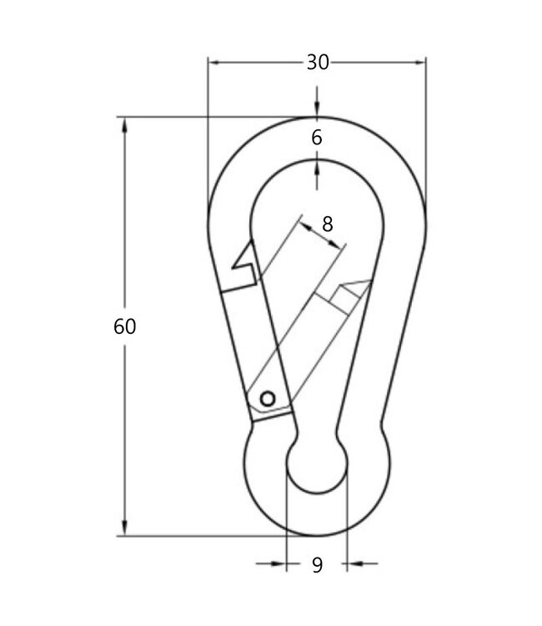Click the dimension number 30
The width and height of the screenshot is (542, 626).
click(x=317, y=62)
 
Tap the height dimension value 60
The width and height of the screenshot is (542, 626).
click(x=124, y=326)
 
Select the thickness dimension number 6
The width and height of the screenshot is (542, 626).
click(x=317, y=139)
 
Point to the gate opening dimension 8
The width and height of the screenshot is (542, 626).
click(x=327, y=223)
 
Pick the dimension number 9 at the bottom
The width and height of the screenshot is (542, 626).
click(x=317, y=565)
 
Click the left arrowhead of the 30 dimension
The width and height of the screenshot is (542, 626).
click(x=213, y=62)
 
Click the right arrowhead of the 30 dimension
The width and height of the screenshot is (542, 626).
click(x=419, y=62)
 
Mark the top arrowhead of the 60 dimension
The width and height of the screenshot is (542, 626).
click(x=125, y=124)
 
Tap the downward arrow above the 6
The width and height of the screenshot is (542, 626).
click(x=317, y=110)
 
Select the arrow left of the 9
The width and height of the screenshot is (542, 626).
click(x=279, y=564)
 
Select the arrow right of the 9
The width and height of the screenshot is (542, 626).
click(x=354, y=564)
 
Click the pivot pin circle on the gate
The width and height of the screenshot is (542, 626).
click(x=268, y=399)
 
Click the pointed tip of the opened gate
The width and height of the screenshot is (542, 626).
click(x=367, y=282)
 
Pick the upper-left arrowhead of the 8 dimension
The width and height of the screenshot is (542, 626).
click(x=304, y=223)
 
